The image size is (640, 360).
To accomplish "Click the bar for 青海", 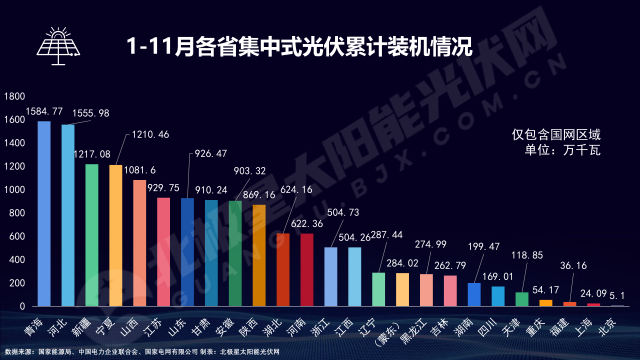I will tap(44, 213).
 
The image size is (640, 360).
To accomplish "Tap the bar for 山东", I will tap(187, 252).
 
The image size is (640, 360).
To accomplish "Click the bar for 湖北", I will tap(283, 269).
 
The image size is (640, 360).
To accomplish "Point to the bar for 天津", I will tap(522, 299).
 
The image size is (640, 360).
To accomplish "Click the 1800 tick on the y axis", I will tap(14, 96).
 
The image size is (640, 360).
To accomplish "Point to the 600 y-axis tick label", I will tap(17, 236).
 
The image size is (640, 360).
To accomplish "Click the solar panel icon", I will tap(58, 46).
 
